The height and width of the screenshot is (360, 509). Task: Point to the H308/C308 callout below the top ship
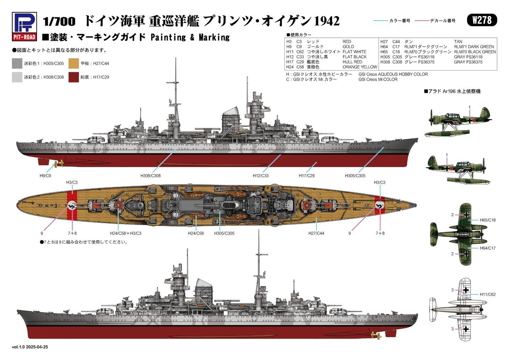151,175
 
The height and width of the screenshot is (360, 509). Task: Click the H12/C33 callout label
261,175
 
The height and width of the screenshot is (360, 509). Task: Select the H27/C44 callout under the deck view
316,233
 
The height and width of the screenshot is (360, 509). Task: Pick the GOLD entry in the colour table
348,47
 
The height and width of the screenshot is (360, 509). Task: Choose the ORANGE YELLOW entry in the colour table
359,67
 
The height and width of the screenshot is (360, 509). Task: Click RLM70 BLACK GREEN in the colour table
475,52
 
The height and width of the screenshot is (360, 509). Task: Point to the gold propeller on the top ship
60,163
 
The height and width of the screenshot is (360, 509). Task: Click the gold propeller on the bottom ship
374,335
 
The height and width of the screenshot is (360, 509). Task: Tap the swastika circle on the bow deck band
381,205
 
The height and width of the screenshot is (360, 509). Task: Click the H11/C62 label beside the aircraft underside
488,294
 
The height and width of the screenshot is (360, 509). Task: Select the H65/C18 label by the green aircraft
488,220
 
